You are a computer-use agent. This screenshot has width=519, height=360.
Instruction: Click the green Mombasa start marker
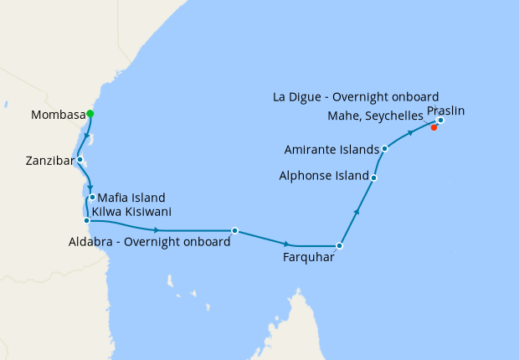pyautogui.click(x=90, y=114)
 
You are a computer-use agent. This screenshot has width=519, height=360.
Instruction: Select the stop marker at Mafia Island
pyautogui.click(x=92, y=198)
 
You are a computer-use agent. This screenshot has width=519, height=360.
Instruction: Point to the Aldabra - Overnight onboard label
pyautogui.click(x=150, y=243)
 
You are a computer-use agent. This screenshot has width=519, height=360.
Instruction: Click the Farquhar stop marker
pyautogui.click(x=339, y=246)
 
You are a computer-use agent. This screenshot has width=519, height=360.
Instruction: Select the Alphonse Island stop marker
pyautogui.click(x=373, y=177)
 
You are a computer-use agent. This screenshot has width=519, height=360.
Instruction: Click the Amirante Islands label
pyautogui.click(x=331, y=150)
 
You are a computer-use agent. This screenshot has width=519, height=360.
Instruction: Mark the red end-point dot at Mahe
pyautogui.click(x=434, y=128)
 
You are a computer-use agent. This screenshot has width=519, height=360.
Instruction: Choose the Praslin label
pyautogui.click(x=445, y=111)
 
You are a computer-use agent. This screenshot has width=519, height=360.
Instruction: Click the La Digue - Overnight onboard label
pyautogui.click(x=356, y=97)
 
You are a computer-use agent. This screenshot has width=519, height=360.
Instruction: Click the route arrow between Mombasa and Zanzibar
pyautogui.click(x=86, y=136)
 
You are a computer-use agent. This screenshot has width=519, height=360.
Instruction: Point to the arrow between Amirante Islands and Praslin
pyautogui.click(x=410, y=132)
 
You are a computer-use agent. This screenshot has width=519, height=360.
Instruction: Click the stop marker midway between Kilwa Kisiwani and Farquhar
pyautogui.click(x=234, y=230)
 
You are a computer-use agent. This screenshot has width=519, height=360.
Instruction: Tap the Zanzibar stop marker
pyautogui.click(x=80, y=159)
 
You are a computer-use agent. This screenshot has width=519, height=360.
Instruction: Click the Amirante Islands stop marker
pyautogui.click(x=384, y=149)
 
